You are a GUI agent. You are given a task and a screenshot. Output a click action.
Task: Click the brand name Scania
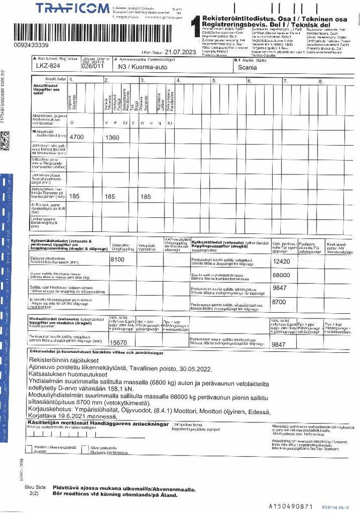tap(247, 68)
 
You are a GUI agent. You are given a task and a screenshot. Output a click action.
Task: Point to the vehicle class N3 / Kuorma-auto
tap(137, 68)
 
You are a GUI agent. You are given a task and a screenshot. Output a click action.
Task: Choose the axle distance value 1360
tap(113, 138)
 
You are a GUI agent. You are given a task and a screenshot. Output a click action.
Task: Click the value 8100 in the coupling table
tap(117, 260)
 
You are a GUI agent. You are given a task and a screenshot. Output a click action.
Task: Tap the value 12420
tap(281, 261)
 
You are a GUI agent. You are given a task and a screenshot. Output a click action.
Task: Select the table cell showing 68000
tap(281, 275)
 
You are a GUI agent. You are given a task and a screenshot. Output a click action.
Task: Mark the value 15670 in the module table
tap(118, 343)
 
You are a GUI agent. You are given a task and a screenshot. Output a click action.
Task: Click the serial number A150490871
tap(290, 505)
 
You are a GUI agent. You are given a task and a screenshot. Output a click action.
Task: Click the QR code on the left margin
tap(5, 140)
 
